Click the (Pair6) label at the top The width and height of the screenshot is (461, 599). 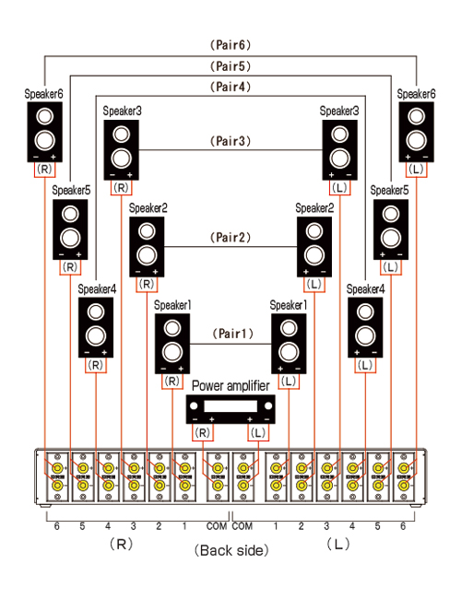tap(230, 45)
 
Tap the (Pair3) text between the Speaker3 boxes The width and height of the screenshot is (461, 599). tap(230, 141)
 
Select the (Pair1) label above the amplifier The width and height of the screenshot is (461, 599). tap(232, 334)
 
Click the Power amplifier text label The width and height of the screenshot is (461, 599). tap(230, 385)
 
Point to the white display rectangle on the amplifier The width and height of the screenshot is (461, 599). tap(230, 405)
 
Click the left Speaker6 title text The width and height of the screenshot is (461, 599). tap(43, 94)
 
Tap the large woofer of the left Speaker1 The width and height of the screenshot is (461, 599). tap(172, 352)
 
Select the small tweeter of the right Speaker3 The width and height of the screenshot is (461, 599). tap(340, 135)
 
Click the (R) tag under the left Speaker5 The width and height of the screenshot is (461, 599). tap(70, 267)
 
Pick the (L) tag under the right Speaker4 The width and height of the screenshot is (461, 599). tap(365, 365)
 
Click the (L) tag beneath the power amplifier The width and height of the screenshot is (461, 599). tap(258, 433)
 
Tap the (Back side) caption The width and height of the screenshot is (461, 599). tap(231, 550)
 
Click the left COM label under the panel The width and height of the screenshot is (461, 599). tap(217, 526)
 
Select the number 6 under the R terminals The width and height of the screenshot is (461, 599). tap(56, 526)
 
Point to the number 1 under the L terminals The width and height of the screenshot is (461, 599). tap(276, 526)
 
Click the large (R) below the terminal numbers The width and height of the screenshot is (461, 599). tap(121, 544)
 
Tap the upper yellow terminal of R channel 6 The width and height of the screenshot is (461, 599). tap(57, 468)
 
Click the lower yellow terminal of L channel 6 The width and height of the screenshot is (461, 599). tap(404, 486)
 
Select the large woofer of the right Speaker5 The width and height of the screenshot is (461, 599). tap(391, 238)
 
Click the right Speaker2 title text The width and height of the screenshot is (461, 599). tap(314, 208)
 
